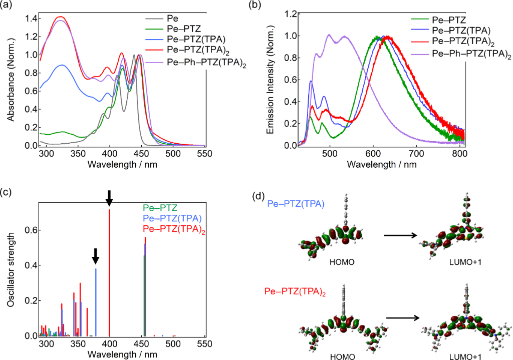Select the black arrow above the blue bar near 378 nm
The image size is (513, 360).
96,257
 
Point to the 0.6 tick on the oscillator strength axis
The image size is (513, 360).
31,230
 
